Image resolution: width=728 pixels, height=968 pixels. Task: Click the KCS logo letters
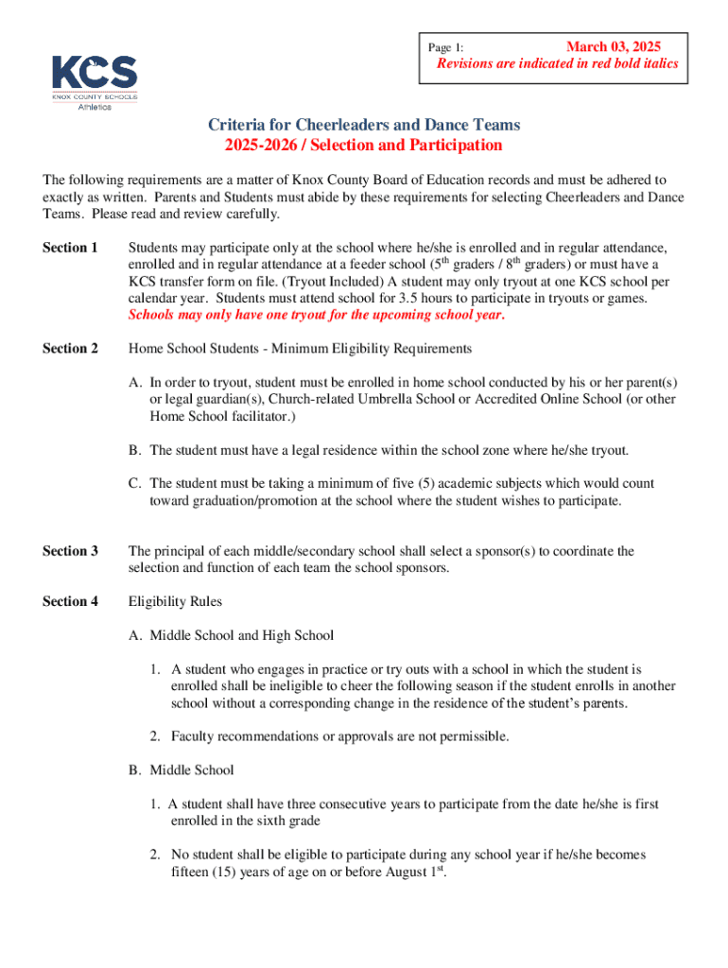pyautogui.click(x=94, y=72)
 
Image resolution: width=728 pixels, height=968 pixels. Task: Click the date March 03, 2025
pyautogui.click(x=613, y=46)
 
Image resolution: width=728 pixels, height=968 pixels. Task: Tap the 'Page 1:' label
pyautogui.click(x=446, y=47)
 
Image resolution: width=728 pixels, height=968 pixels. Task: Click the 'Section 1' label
pyautogui.click(x=71, y=248)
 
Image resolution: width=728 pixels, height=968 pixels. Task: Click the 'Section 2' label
pyautogui.click(x=71, y=349)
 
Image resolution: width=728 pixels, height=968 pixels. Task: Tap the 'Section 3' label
pyautogui.click(x=71, y=551)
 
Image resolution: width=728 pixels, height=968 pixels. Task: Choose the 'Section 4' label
pyautogui.click(x=71, y=601)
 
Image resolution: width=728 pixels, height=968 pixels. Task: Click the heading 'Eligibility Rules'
pyautogui.click(x=176, y=601)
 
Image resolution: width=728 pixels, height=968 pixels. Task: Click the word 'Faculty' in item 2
pyautogui.click(x=192, y=736)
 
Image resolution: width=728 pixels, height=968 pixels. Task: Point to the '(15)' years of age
pyautogui.click(x=227, y=873)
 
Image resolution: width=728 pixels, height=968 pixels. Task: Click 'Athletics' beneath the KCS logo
pyautogui.click(x=94, y=106)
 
